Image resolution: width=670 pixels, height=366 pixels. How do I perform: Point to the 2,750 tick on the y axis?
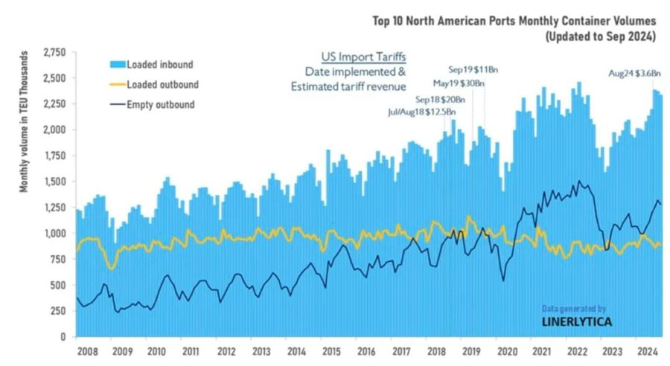[55, 52]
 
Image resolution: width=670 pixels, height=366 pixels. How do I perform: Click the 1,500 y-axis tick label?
[55, 182]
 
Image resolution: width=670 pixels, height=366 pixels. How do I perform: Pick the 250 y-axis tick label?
[60, 311]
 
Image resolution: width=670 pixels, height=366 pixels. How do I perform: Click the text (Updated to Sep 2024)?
[600, 35]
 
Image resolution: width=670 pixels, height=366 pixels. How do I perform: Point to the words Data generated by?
[574, 307]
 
